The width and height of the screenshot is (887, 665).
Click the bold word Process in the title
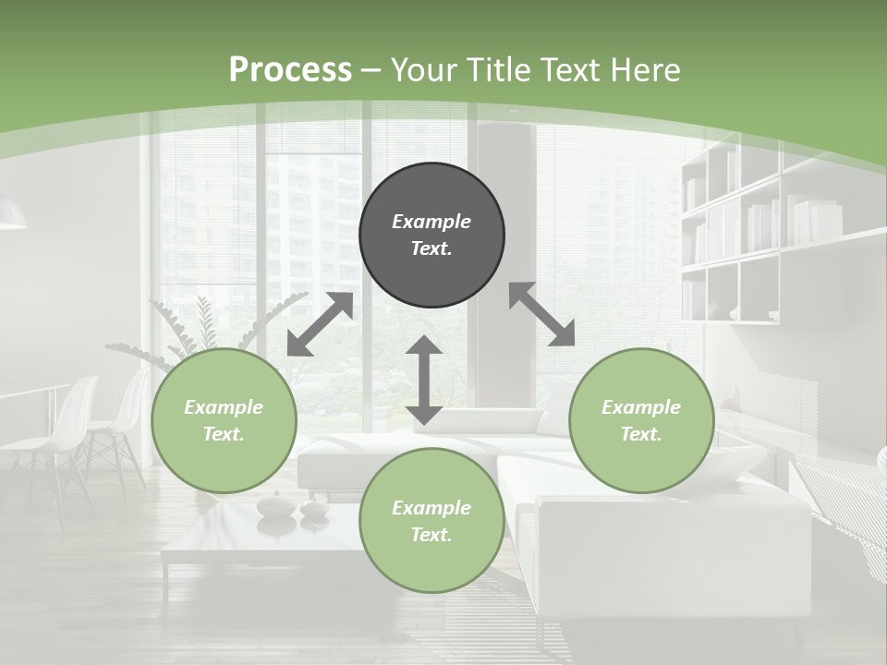290,69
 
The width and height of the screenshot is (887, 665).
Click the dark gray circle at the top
431,235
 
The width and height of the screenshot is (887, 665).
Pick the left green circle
224,420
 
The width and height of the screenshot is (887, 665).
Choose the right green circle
641,420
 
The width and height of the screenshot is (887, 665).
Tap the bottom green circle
431,521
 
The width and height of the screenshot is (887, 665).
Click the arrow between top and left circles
320,324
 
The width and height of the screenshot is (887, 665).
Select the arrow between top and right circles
542,314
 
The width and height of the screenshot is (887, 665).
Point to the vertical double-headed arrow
424,380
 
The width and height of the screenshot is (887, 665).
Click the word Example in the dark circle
431,222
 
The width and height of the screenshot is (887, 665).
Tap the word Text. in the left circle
224,434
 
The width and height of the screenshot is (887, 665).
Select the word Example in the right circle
641,407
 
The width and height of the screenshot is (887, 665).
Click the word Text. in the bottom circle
431,535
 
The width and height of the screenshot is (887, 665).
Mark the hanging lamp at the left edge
11,218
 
